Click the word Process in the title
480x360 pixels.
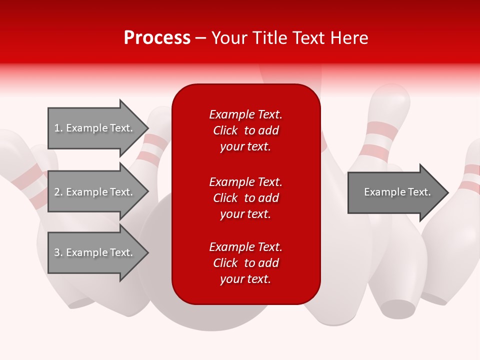[x=157, y=38]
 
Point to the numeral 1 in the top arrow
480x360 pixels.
[x=57, y=128]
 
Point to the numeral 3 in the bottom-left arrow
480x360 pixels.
[x=57, y=252]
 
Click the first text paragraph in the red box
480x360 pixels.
[x=245, y=130]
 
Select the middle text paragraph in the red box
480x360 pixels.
[x=245, y=198]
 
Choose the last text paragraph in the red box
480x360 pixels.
[x=245, y=263]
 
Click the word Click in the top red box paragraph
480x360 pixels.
[x=225, y=130]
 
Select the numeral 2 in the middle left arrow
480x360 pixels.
[x=57, y=192]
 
